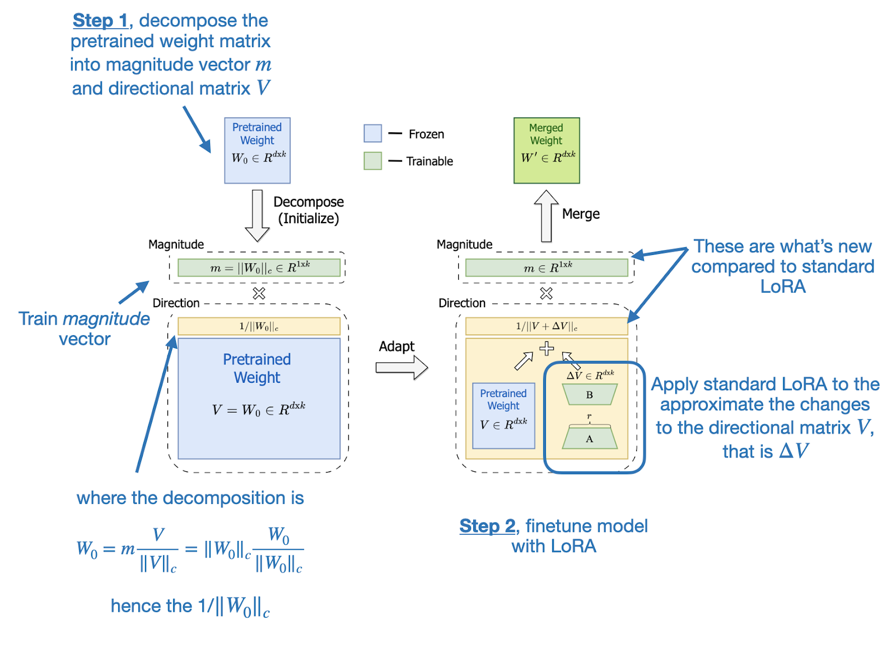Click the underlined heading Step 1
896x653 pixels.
pos(100,21)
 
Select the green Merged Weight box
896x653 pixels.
pos(547,150)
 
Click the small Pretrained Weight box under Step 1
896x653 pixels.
pos(257,150)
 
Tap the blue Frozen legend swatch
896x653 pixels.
pos(372,133)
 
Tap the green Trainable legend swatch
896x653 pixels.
pos(372,161)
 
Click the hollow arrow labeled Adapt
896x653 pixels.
pos(401,368)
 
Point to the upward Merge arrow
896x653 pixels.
pos(546,216)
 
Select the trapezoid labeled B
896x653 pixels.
pos(589,395)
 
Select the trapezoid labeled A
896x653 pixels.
pos(589,438)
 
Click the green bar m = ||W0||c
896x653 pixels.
pos(259,268)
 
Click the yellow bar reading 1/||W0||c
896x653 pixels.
pos(259,326)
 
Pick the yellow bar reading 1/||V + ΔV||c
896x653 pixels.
pos(546,326)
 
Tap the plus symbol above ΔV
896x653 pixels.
pos(547,349)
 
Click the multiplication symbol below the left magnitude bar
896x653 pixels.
pos(259,293)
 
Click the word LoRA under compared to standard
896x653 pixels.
pos(782,286)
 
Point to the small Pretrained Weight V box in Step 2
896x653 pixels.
pos(503,415)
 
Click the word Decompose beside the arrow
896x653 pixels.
pos(308,202)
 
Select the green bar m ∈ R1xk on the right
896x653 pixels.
pos(546,268)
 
